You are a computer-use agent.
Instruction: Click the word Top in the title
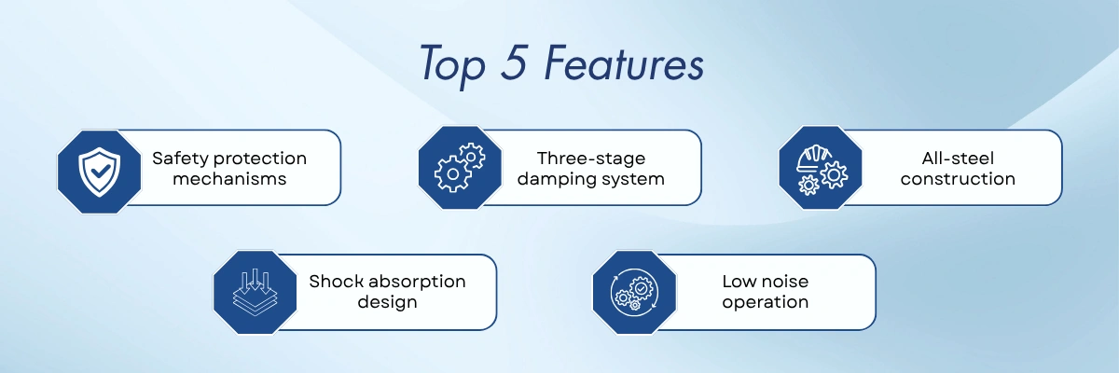pos(452,65)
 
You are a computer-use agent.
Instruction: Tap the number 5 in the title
pos(515,62)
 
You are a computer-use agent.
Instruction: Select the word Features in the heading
pos(624,62)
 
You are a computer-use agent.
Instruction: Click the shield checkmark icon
pos(100,172)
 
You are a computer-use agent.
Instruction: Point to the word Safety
pos(180,159)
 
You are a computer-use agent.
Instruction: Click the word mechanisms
pos(229,179)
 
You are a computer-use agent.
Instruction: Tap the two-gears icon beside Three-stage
pos(460,167)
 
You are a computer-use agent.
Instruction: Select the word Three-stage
pos(591,159)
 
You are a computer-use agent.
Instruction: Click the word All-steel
pos(958,159)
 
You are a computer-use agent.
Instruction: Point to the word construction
pos(958,179)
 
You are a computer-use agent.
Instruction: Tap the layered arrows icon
pos(256,292)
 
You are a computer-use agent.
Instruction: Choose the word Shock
pos(337,281)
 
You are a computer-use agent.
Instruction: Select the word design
pos(387,303)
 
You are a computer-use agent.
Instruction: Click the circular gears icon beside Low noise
pos(634,293)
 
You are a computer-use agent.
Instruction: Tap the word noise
pos(785,282)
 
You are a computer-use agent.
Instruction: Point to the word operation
pos(766,303)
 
